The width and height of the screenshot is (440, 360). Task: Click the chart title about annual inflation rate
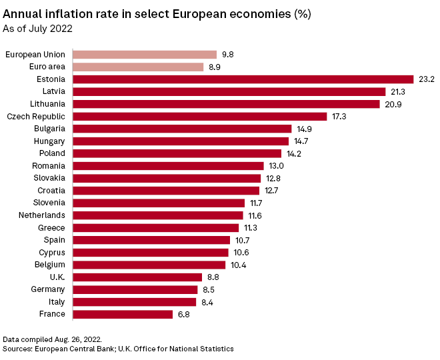point(157,14)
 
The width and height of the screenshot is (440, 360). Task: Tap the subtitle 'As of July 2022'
point(38,29)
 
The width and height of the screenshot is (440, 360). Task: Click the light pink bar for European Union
point(144,55)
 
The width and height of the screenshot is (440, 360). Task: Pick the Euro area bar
point(137,67)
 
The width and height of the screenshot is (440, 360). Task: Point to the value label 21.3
point(398,91)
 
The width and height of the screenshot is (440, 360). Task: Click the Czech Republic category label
point(36,116)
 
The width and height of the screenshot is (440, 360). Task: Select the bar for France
point(122,314)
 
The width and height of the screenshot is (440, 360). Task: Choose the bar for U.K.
point(137,277)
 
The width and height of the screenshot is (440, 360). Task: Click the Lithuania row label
point(47,104)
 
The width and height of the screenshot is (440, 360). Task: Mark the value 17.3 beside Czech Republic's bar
point(339,116)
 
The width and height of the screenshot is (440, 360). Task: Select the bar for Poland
point(177,153)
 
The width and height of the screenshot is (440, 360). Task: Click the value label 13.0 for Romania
point(276,165)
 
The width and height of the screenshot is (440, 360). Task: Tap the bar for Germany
point(135,289)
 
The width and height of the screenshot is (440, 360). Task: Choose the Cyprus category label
point(52,252)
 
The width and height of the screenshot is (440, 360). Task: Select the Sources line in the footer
point(118,349)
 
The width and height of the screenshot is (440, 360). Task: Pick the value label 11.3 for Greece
point(251,227)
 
